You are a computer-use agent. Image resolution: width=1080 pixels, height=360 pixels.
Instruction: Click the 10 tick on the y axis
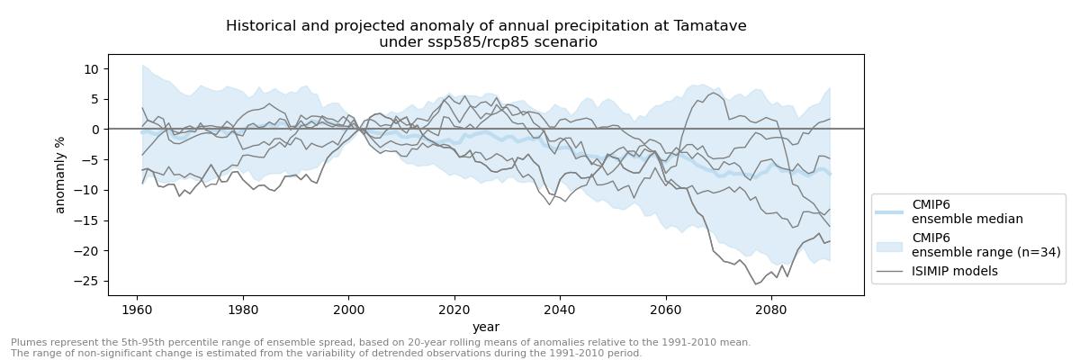pyautogui.click(x=91, y=69)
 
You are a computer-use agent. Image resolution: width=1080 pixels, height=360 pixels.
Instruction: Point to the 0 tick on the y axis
pyautogui.click(x=94, y=130)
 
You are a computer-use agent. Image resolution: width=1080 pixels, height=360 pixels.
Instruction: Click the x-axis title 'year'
pyautogui.click(x=486, y=327)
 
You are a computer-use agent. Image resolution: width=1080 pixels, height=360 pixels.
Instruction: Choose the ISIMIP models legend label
pyautogui.click(x=955, y=271)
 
